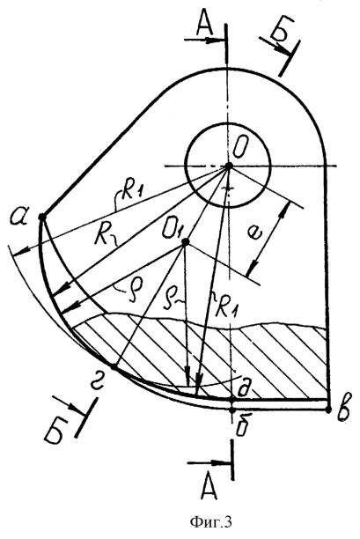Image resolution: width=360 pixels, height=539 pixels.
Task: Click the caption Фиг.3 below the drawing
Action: click(x=210, y=521)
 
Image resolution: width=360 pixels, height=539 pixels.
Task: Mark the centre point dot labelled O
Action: click(x=229, y=166)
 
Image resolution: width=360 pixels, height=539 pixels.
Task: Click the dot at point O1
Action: click(x=186, y=242)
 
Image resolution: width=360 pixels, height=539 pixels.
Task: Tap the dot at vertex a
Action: click(x=42, y=218)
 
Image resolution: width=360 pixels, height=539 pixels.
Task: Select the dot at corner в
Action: click(x=328, y=410)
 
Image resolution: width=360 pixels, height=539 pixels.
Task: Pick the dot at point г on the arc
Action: click(x=113, y=367)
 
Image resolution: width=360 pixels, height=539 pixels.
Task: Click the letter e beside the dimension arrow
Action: click(x=256, y=235)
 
